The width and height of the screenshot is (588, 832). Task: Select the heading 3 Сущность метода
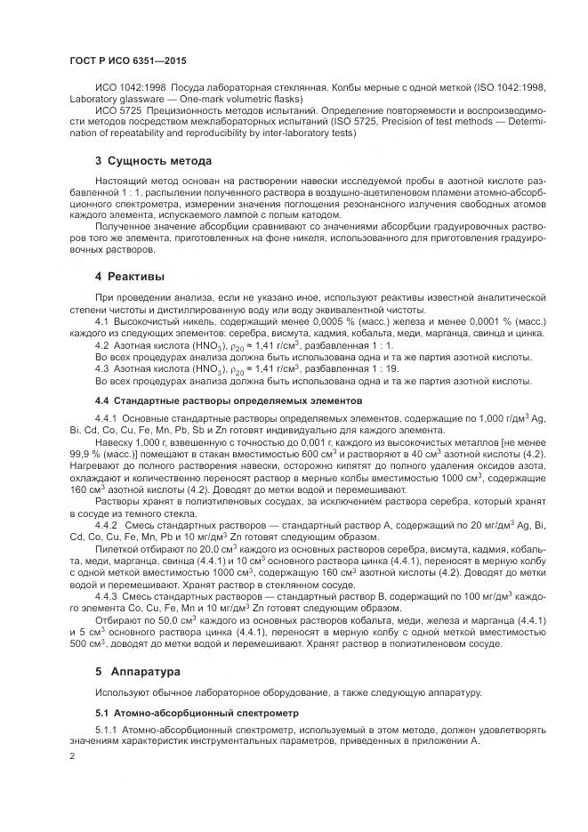click(x=153, y=162)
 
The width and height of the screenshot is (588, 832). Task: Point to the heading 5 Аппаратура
click(x=136, y=669)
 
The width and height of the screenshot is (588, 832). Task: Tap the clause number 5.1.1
click(x=106, y=730)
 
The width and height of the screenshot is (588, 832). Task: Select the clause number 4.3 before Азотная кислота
click(x=101, y=368)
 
